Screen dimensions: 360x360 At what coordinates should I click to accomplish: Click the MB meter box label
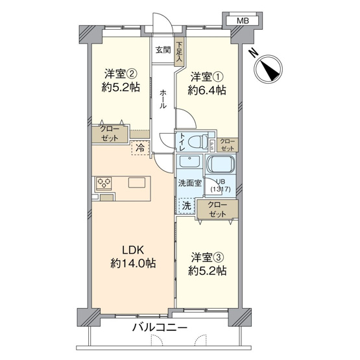pyautogui.click(x=242, y=21)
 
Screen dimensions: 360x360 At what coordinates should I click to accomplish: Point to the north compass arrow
pyautogui.click(x=268, y=67)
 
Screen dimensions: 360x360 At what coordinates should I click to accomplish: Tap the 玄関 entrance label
pyautogui.click(x=163, y=50)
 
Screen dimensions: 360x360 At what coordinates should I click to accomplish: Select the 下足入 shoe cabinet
pyautogui.click(x=179, y=53)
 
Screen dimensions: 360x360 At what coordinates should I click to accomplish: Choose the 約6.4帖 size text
pyautogui.click(x=207, y=91)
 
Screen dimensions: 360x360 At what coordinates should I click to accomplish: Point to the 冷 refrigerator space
pyautogui.click(x=139, y=147)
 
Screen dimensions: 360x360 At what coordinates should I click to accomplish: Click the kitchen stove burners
pyautogui.click(x=104, y=184)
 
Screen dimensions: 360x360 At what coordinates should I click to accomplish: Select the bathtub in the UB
pyautogui.click(x=222, y=165)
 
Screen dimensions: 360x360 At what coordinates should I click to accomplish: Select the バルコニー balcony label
pyautogui.click(x=161, y=328)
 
